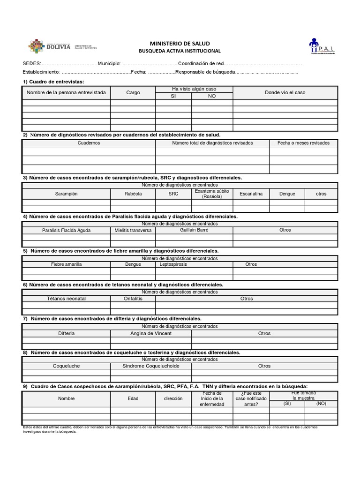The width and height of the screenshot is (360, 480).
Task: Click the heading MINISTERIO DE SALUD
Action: tap(180, 43)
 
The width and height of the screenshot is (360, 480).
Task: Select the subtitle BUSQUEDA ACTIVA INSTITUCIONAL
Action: tap(180, 51)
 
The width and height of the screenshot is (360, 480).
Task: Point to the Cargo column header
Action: tap(133, 93)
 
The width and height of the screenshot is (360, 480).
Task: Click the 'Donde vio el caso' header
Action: tap(285, 93)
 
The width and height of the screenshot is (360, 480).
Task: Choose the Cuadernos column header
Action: tap(89, 143)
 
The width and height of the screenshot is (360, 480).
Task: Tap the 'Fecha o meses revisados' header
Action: tap(303, 143)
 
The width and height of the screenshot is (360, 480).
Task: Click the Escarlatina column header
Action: tap(251, 194)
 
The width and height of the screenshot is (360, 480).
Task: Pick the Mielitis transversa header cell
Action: tap(133, 230)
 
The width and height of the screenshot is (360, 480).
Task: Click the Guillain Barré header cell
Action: tap(194, 230)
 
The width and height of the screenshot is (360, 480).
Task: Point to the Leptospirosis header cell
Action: tap(173, 264)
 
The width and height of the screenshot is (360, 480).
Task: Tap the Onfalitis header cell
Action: tap(133, 299)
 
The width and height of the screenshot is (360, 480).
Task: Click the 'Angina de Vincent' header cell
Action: tap(151, 333)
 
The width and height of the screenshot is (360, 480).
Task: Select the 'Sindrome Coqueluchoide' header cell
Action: tap(151, 366)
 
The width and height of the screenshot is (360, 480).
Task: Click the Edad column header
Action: tap(133, 398)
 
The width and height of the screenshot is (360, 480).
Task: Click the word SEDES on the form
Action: tap(31, 64)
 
